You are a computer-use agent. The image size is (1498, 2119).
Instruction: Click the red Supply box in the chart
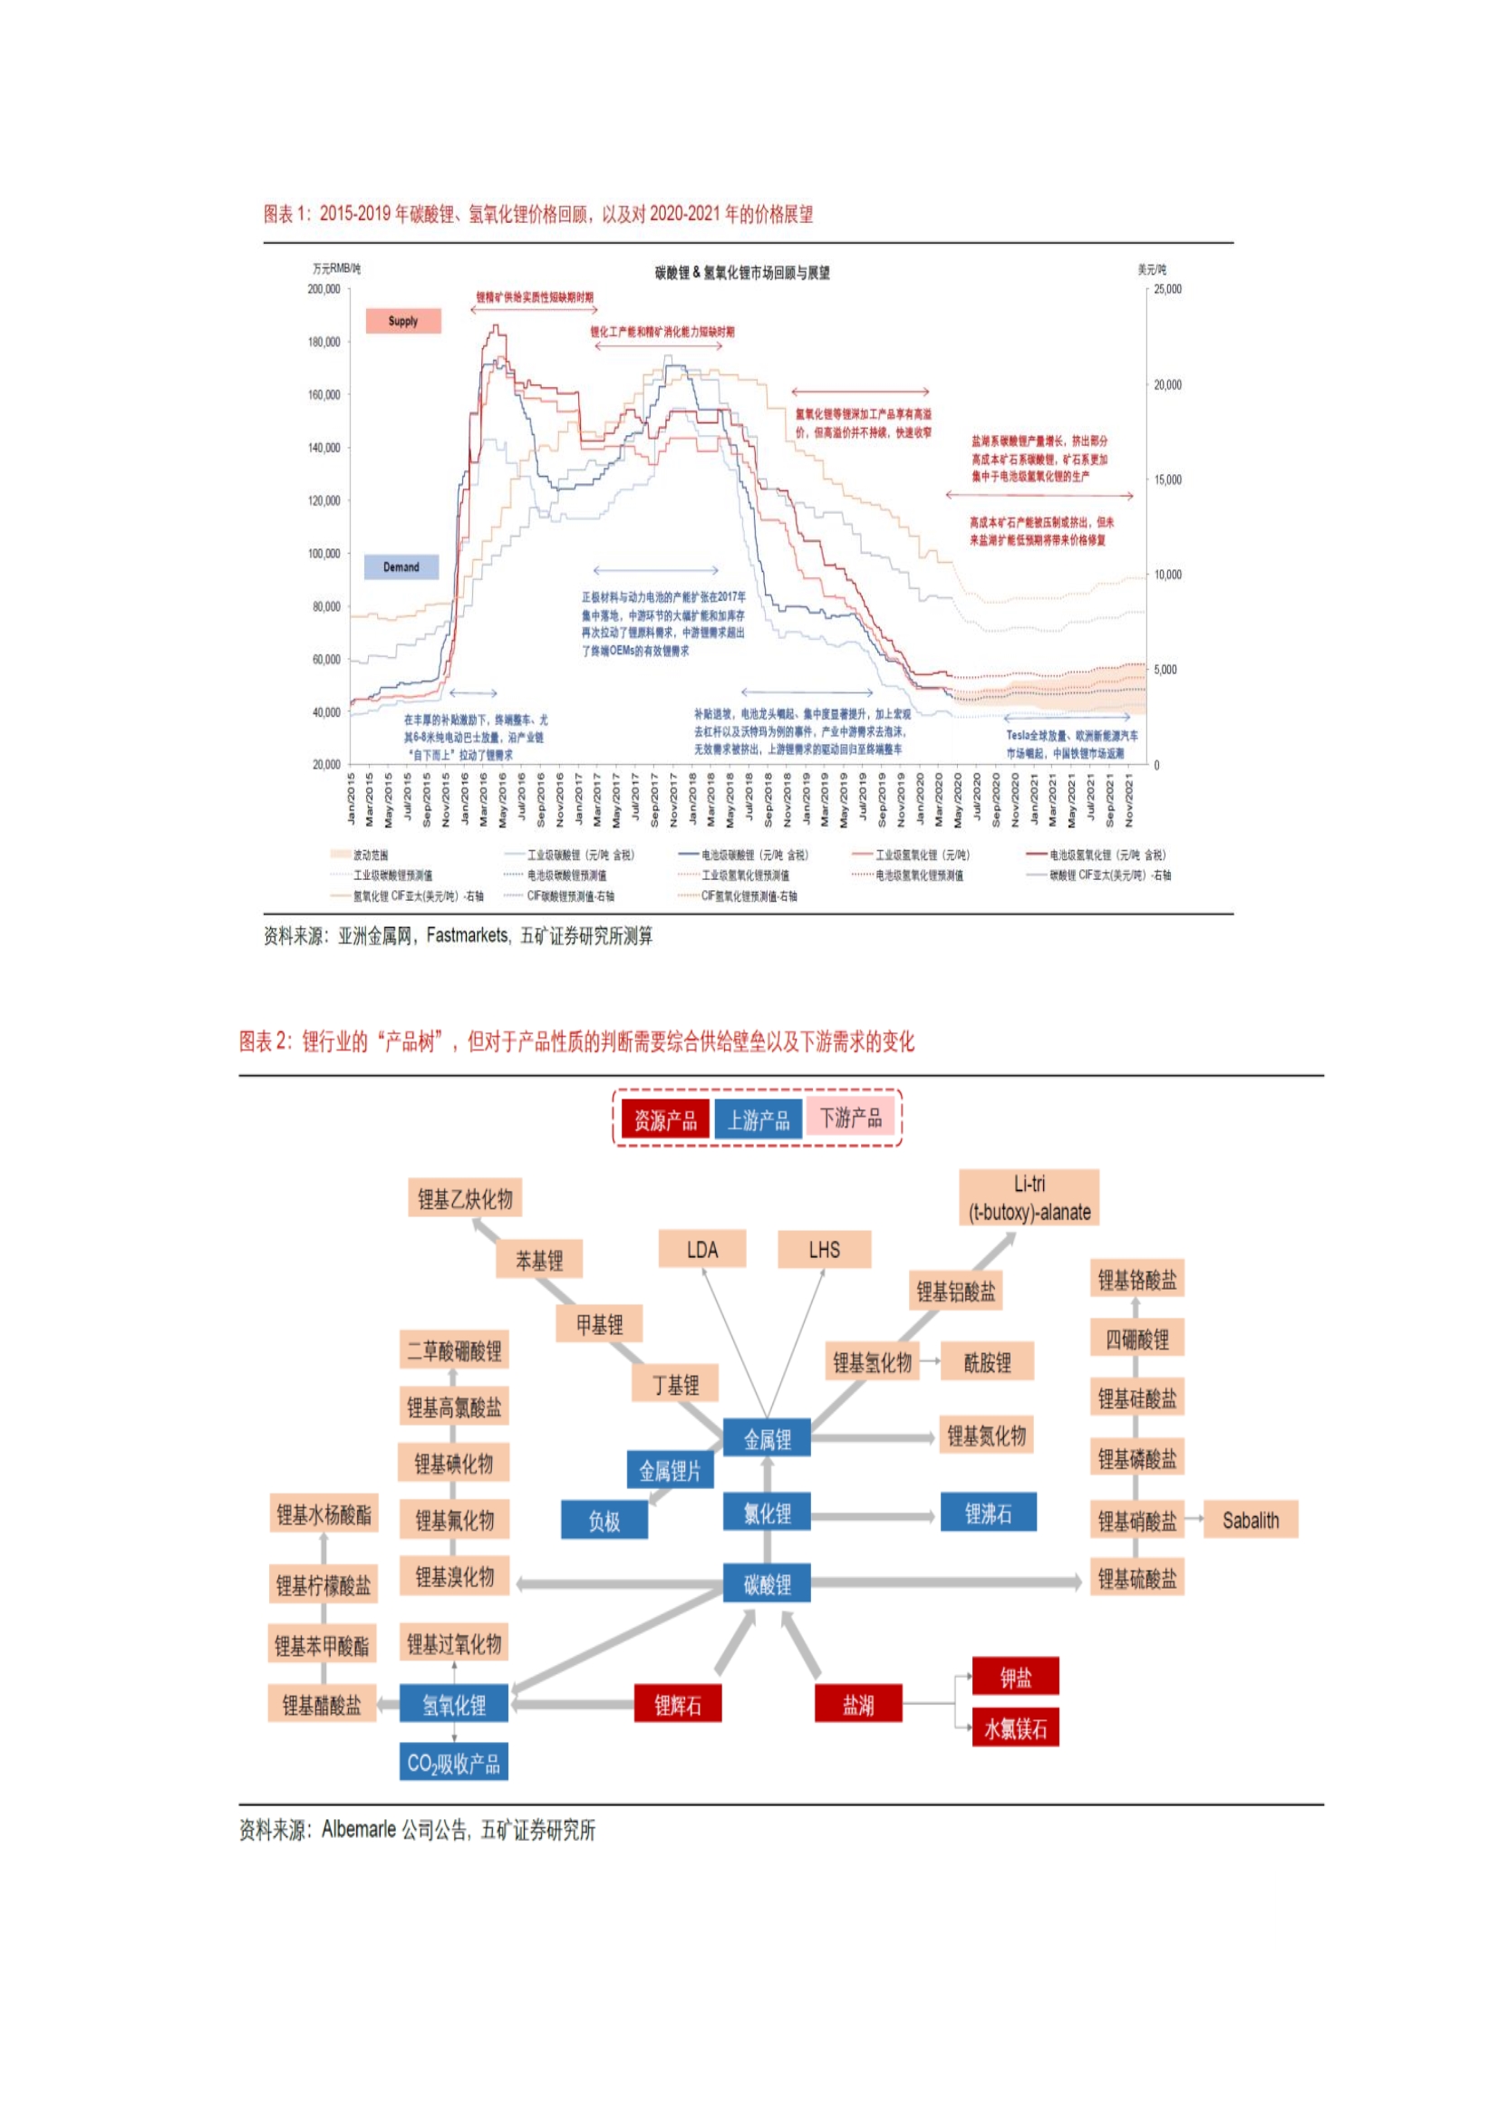click(x=402, y=321)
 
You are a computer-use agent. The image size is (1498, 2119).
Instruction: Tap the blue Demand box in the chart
click(x=401, y=566)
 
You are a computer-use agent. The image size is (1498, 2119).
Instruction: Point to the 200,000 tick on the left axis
click(x=323, y=289)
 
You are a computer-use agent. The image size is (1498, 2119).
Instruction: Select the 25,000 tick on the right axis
click(x=1166, y=289)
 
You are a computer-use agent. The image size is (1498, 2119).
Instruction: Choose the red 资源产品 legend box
click(x=664, y=1119)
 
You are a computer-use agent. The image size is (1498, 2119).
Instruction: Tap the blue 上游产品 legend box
click(x=758, y=1119)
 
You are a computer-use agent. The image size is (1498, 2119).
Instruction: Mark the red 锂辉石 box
click(x=678, y=1704)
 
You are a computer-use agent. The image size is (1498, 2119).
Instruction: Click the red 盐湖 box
click(x=857, y=1704)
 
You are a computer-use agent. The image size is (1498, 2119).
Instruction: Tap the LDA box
click(x=701, y=1250)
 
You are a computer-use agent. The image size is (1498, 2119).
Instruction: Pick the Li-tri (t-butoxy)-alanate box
click(x=1029, y=1198)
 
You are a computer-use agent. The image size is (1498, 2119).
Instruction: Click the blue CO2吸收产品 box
click(x=453, y=1763)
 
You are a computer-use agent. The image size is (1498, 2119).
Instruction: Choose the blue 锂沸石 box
click(x=988, y=1513)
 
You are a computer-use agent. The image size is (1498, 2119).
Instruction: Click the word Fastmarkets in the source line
click(x=467, y=936)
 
